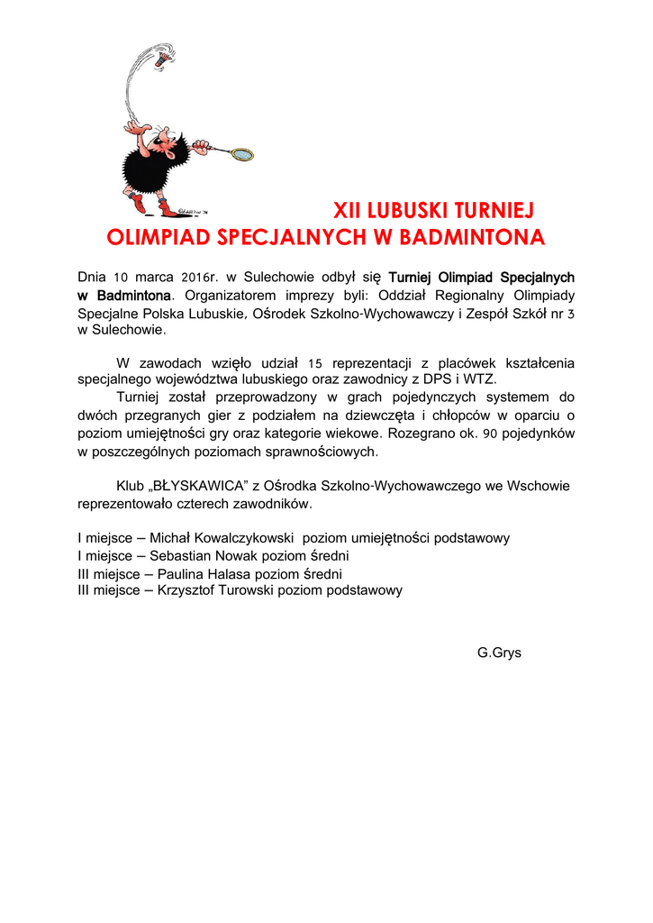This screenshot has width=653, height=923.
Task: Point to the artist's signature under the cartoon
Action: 191,211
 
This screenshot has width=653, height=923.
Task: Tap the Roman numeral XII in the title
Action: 349,211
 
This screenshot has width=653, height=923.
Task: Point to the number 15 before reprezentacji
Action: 315,363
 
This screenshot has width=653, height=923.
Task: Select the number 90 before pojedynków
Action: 490,433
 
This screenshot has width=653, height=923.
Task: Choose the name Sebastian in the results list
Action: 180,556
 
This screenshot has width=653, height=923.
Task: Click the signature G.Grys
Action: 499,652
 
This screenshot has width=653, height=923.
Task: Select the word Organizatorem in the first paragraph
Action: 224,295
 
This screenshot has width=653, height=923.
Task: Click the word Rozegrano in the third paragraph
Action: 418,433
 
